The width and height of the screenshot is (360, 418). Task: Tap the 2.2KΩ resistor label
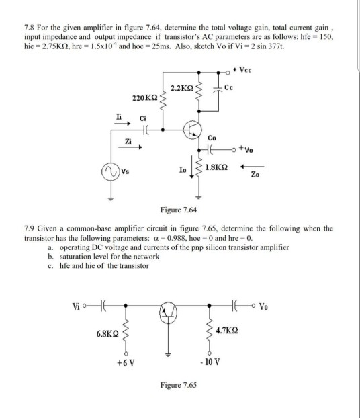click(x=183, y=87)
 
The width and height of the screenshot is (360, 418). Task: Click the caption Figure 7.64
click(x=179, y=210)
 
